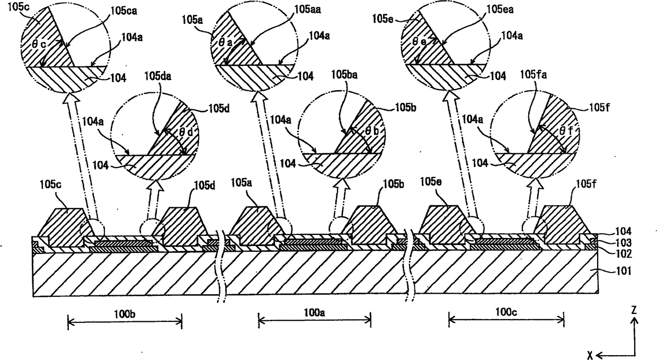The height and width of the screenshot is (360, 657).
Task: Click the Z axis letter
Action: [x=634, y=311]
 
